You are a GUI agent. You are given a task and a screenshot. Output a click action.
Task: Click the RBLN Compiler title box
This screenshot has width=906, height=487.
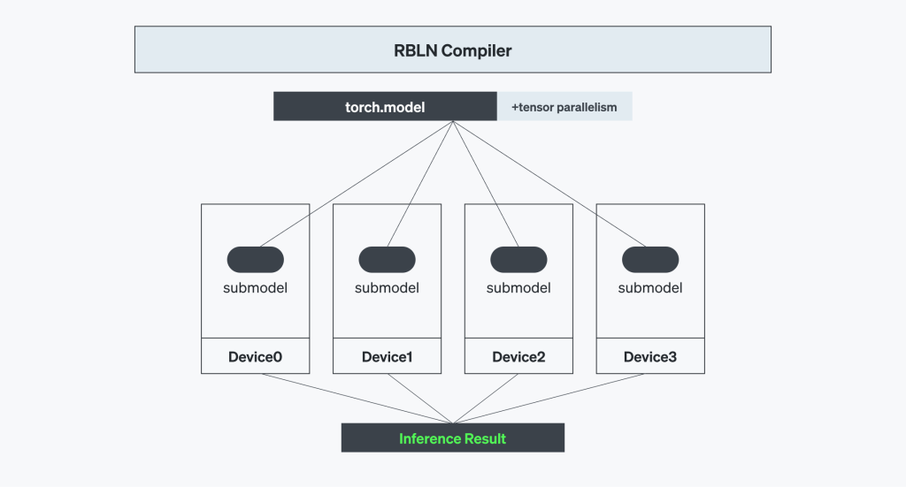[x=452, y=49]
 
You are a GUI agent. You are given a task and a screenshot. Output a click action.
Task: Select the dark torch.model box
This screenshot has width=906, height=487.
[x=385, y=107]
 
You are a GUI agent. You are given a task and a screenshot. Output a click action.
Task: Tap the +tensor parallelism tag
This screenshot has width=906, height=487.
[x=564, y=107]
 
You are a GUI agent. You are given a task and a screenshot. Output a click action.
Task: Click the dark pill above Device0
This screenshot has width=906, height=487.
[x=256, y=259]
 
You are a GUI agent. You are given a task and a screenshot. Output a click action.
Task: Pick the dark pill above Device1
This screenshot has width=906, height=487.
[x=387, y=259]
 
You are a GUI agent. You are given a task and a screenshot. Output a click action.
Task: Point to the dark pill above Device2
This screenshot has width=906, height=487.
[x=518, y=259]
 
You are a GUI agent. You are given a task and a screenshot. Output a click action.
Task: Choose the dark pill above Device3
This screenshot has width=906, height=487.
[x=650, y=259]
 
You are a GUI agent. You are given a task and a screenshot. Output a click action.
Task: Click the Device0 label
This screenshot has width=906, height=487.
[x=255, y=357]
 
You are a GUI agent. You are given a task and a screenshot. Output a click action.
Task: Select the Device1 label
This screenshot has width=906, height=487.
[x=387, y=357]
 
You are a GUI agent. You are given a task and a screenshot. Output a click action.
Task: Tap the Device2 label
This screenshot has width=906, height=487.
[x=518, y=357]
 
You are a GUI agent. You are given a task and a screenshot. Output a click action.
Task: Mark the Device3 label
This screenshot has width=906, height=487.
[x=650, y=357]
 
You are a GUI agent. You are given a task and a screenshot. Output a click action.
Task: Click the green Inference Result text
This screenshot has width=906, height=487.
[x=452, y=438]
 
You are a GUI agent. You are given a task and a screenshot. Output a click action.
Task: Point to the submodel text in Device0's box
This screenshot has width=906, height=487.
[x=256, y=287]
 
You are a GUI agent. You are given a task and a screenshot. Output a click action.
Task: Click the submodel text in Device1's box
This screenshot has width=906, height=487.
[x=387, y=287]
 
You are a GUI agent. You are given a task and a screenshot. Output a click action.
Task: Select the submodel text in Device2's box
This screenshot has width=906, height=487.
[x=518, y=287]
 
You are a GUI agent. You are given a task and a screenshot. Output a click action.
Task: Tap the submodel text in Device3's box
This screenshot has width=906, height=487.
[x=650, y=287]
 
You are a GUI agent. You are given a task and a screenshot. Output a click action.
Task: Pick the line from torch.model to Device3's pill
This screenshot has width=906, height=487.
[x=552, y=184]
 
